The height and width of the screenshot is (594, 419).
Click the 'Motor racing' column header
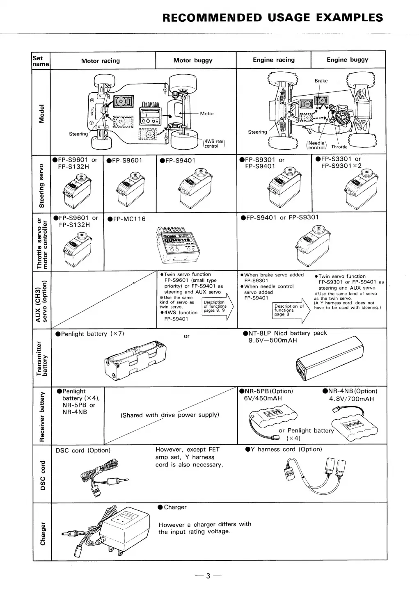tap(101, 61)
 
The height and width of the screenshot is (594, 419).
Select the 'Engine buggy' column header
tap(347, 60)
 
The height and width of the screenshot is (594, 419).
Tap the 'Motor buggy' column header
tap(193, 60)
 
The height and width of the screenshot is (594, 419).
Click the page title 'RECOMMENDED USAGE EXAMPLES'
tap(273, 18)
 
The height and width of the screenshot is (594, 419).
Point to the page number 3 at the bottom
tap(208, 576)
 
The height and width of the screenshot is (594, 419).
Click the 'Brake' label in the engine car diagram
tap(321, 81)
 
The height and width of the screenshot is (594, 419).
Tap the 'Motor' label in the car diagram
tap(207, 114)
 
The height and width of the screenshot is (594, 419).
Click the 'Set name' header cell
tap(41, 61)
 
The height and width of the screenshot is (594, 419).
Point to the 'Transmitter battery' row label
tap(42, 358)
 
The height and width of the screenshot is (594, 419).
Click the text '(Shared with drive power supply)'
tap(169, 415)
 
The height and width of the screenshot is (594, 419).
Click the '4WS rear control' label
tap(214, 144)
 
